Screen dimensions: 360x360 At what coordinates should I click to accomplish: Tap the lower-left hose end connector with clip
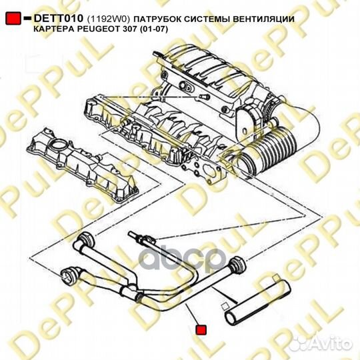tap(68, 274)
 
